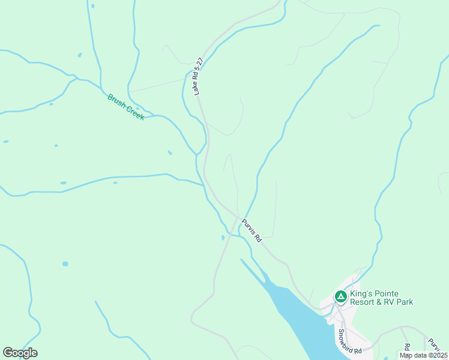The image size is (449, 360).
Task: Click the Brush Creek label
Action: pyautogui.click(x=126, y=107)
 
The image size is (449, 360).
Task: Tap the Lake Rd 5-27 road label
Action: pyautogui.click(x=199, y=76)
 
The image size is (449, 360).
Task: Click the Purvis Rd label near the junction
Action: pyautogui.click(x=252, y=230)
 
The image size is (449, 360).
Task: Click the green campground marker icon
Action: pyautogui.click(x=340, y=296)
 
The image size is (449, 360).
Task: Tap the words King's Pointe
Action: pyautogui.click(x=374, y=293)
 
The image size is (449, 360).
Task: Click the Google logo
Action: pyautogui.click(x=20, y=353)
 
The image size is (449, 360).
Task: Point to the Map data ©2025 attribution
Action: pyautogui.click(x=424, y=355)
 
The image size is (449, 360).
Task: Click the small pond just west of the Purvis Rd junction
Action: pyautogui.click(x=223, y=238)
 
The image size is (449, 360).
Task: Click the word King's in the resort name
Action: pyautogui.click(x=363, y=293)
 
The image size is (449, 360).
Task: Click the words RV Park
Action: pyautogui.click(x=399, y=302)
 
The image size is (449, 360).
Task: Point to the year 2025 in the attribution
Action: pyautogui.click(x=439, y=355)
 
